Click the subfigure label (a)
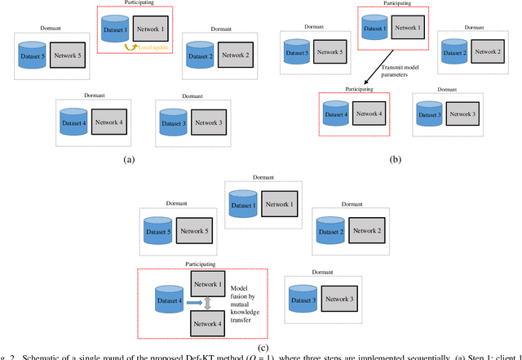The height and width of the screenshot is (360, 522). (128, 160)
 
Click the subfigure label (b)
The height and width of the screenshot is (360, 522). (396, 160)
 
